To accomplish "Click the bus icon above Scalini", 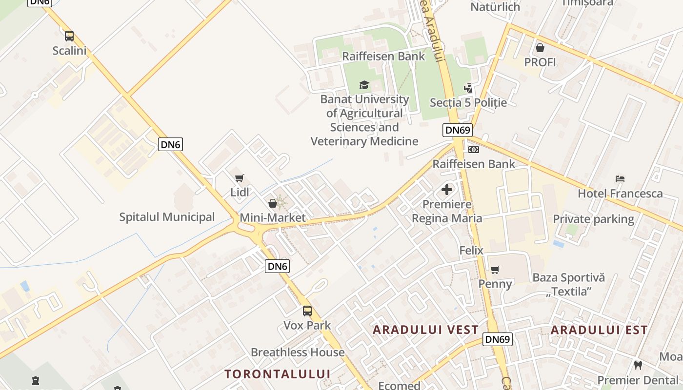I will [69, 36].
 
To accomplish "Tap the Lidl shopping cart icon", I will [239, 178].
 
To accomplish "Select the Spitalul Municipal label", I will [167, 217].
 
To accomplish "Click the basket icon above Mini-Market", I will [273, 203].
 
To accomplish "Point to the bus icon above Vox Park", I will [307, 311].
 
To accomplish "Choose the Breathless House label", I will [298, 352].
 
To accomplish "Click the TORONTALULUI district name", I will [278, 374].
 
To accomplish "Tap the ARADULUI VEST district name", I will [425, 330].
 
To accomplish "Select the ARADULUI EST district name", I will [599, 330].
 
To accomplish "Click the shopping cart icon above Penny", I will [495, 270].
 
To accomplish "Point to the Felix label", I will [471, 251].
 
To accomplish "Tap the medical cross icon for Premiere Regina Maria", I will [447, 190].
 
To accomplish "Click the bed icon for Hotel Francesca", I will [620, 179].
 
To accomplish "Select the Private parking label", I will [593, 219].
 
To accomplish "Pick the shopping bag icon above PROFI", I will [540, 48].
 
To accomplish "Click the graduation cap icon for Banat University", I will [364, 85].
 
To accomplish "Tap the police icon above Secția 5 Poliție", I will [468, 88].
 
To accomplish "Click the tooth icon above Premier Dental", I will [638, 365].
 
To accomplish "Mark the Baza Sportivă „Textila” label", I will [569, 285].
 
